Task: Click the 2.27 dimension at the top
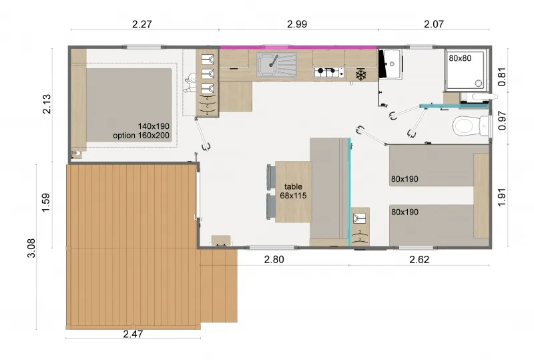(143, 25)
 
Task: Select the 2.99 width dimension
(297, 25)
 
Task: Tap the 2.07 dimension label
(433, 25)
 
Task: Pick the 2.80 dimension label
(274, 259)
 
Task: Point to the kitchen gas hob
(328, 71)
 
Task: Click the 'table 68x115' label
(293, 191)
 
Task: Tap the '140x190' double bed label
(154, 126)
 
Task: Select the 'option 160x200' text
(142, 136)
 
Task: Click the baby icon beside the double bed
(189, 83)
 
